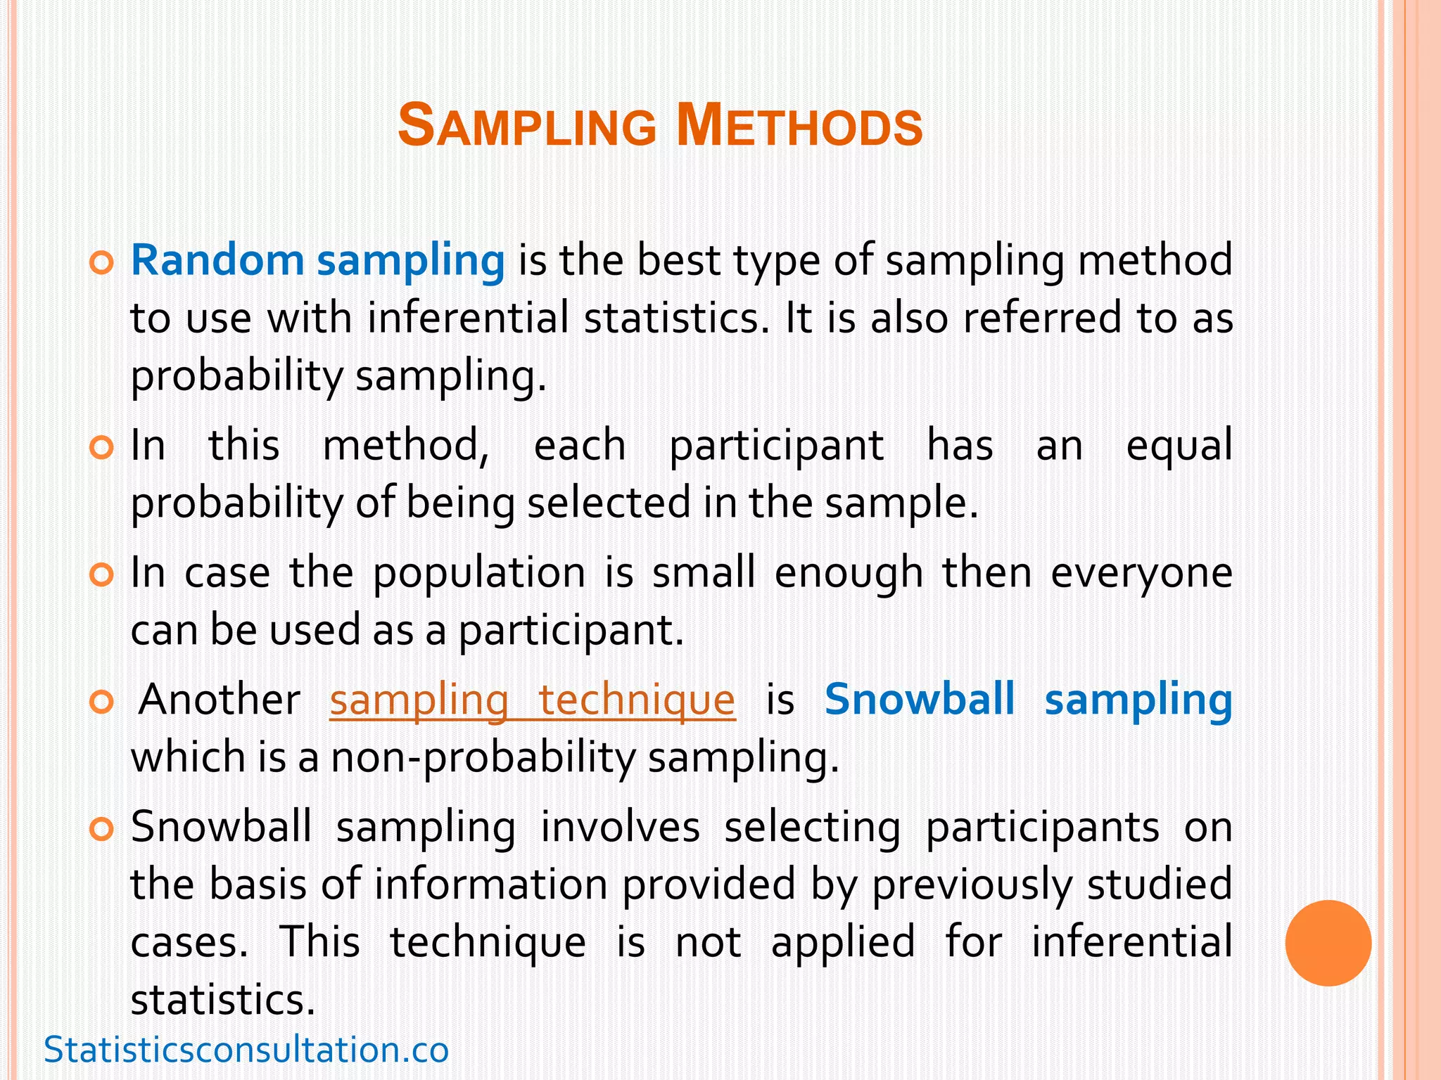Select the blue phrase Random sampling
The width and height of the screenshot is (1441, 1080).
[x=317, y=260]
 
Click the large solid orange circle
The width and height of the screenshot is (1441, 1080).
[x=1328, y=943]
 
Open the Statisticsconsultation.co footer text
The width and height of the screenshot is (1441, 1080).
[x=246, y=1050]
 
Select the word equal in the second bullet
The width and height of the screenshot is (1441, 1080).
[x=1179, y=446]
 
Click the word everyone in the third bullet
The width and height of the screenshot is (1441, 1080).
[x=1141, y=572]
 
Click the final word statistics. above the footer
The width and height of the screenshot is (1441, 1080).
[x=223, y=999]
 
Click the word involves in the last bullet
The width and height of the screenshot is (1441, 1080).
[x=620, y=827]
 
